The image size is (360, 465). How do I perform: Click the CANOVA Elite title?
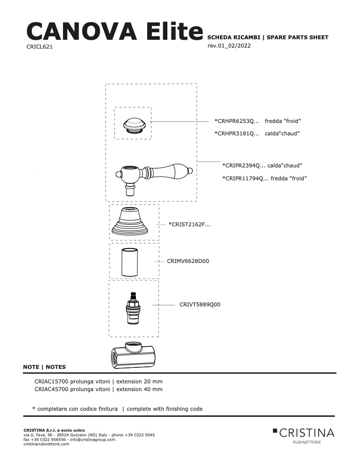coord(115,31)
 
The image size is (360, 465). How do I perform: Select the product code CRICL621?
coord(39,47)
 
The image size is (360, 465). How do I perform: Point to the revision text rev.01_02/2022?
coord(229,45)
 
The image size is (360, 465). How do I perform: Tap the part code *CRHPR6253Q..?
coord(237,121)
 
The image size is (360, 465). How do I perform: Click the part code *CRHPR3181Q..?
coord(237,133)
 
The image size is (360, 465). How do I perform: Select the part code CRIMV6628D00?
coord(187,261)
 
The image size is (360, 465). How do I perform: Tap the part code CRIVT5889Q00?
coord(200,304)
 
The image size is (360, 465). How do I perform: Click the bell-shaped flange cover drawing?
coord(130,221)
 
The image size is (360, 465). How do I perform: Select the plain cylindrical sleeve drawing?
coord(129,262)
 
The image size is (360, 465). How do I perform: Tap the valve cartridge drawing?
coord(133,308)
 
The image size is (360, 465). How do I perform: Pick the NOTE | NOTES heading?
coord(44,367)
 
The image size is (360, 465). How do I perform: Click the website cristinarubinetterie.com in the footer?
coord(46,444)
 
